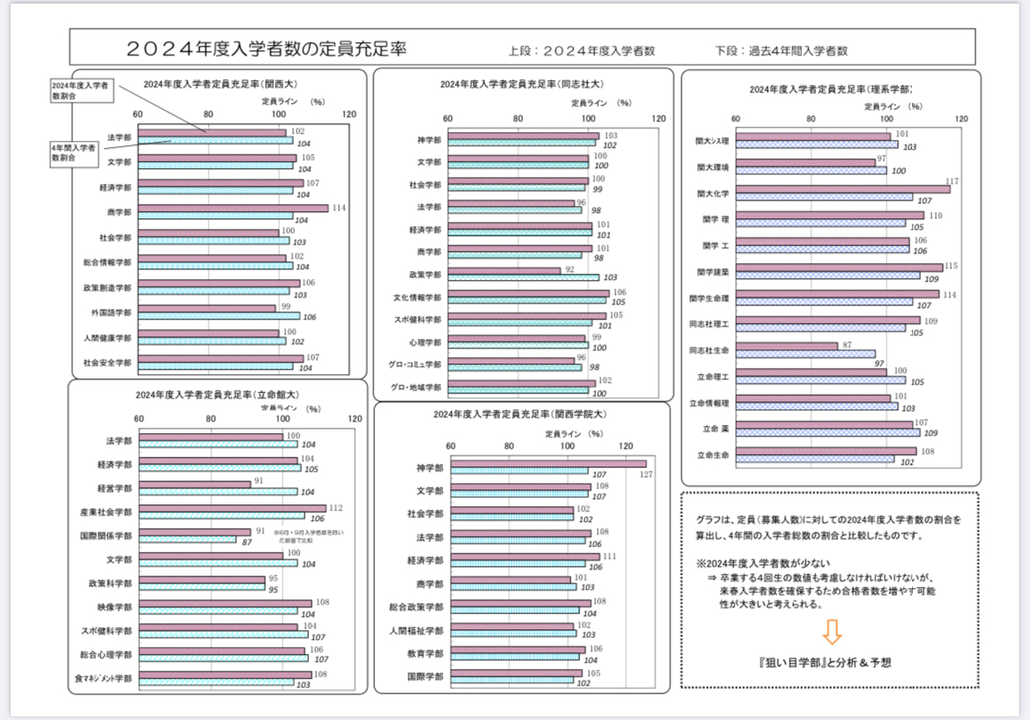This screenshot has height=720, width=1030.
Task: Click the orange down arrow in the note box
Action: [831, 631]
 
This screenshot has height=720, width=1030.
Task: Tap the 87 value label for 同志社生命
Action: [846, 346]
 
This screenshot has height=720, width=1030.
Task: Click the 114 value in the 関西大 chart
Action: [337, 208]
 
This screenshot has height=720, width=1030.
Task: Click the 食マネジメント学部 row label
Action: [104, 680]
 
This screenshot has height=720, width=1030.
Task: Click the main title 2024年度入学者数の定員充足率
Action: [266, 48]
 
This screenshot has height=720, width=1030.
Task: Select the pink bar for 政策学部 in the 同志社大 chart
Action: [504, 271]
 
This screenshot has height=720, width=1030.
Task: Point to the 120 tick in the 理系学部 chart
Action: [961, 119]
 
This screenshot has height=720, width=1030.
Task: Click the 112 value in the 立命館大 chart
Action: [335, 507]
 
